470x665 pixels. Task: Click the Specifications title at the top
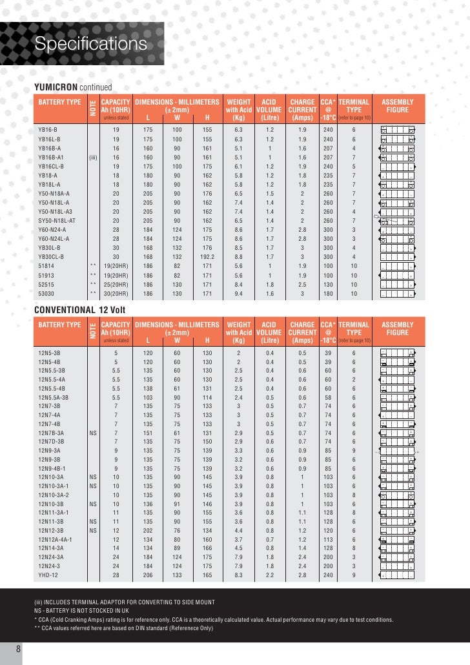[91, 44]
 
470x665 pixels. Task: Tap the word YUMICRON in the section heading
[56, 87]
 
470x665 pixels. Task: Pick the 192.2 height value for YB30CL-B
[207, 256]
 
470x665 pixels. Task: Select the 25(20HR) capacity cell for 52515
[116, 283]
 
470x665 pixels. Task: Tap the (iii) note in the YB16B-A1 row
[93, 156]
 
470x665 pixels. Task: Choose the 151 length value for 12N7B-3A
[148, 433]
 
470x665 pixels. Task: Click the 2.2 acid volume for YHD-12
[270, 574]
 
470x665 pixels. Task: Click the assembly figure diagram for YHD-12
[397, 574]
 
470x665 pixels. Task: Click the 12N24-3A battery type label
[51, 556]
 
